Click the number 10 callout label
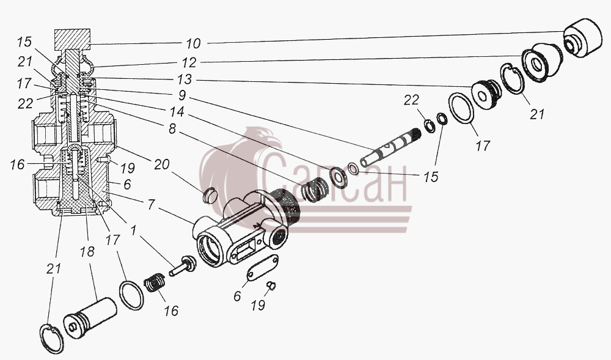click(193, 43)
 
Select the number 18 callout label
click(87, 252)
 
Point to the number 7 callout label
click(151, 204)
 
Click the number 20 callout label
click(161, 164)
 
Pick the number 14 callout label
click(177, 112)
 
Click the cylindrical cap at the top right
click(582, 38)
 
